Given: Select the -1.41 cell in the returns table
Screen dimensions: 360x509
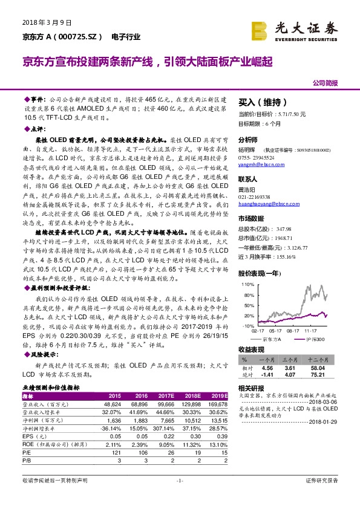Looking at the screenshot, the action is (266, 374).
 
